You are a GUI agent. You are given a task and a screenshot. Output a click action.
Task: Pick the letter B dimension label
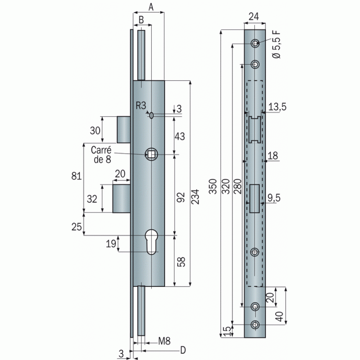(141, 19)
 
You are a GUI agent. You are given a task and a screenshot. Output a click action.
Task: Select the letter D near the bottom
(182, 350)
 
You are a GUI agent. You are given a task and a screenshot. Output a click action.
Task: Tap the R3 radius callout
(142, 105)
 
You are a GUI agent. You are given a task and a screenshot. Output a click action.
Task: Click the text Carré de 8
(102, 155)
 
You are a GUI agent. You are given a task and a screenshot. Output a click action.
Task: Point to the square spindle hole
(151, 155)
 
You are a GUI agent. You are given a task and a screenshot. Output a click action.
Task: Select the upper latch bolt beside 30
(124, 130)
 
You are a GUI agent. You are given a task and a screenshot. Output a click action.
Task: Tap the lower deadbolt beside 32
(122, 198)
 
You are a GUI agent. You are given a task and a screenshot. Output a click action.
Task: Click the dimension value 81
(77, 177)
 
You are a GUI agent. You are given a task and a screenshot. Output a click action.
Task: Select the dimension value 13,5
(276, 106)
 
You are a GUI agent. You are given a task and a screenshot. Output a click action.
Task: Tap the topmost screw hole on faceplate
(255, 44)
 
